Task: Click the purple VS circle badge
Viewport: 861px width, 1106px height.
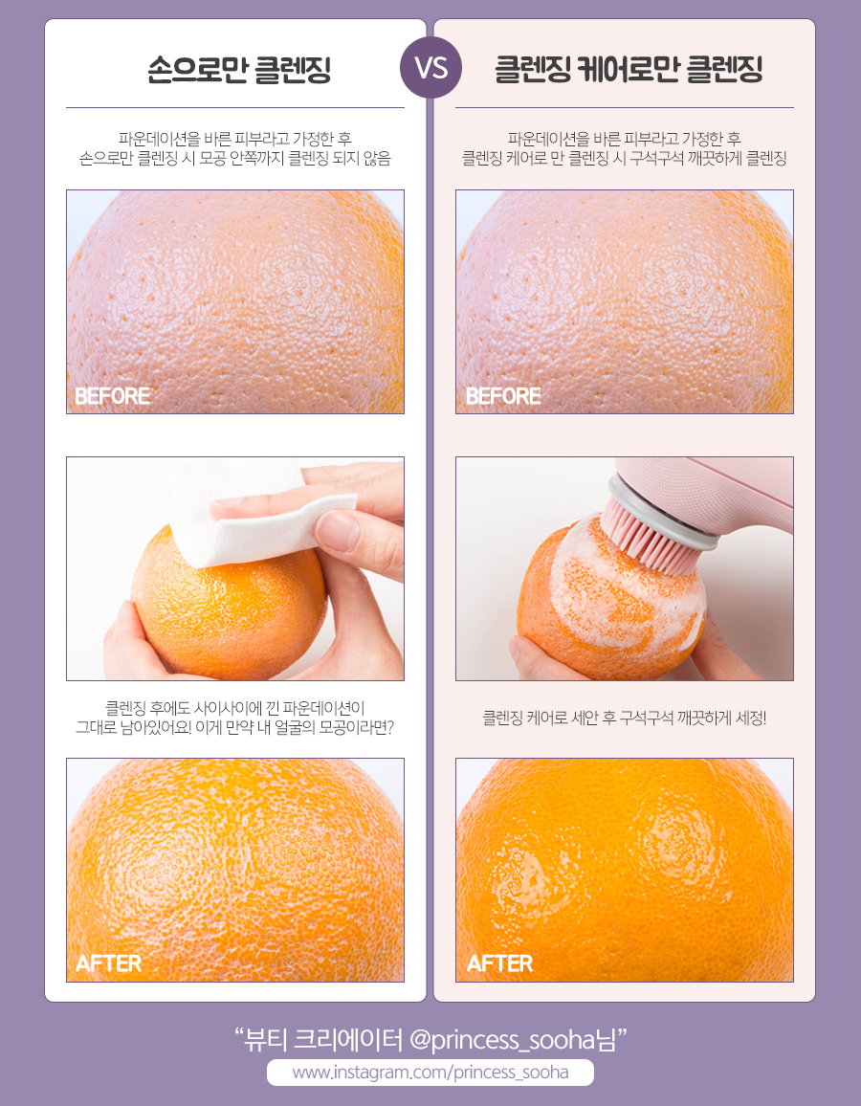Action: coord(430,68)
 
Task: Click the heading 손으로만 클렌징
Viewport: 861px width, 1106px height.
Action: coord(239,70)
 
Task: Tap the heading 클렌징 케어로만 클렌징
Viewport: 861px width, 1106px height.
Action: coord(629,70)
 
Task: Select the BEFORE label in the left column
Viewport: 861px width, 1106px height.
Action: coord(113,396)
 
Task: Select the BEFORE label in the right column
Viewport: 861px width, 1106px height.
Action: coord(503,396)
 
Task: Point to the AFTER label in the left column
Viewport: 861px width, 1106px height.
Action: coord(109,963)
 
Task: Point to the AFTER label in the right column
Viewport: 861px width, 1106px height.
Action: coord(500,963)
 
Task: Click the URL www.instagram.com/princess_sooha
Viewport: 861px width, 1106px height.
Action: coord(430,1073)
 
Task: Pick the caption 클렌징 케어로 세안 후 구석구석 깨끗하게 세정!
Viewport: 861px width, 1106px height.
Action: coord(624,719)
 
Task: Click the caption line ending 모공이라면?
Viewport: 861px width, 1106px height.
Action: coord(234,727)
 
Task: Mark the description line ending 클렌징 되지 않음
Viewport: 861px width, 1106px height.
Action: coord(234,158)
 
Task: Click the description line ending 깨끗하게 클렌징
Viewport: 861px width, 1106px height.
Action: coord(624,158)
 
